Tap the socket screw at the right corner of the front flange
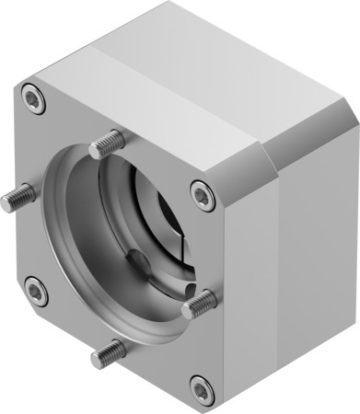(202, 194)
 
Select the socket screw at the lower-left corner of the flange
(36, 293)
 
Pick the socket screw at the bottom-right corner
(202, 388)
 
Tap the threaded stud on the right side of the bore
(200, 303)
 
